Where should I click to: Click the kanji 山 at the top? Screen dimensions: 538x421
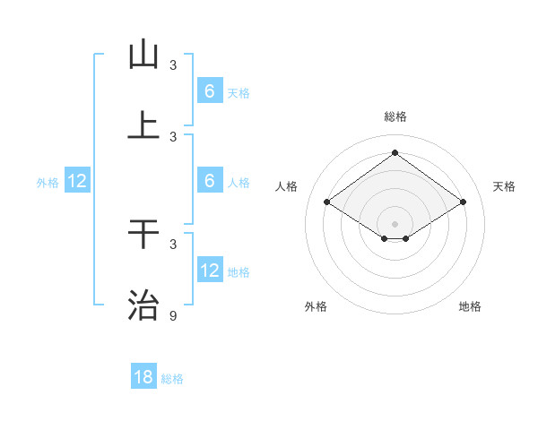pyautogui.click(x=143, y=55)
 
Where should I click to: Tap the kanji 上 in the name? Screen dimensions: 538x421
pyautogui.click(x=143, y=126)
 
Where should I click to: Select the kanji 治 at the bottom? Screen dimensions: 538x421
pyautogui.click(x=143, y=305)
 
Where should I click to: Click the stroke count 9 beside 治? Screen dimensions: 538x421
pyautogui.click(x=173, y=315)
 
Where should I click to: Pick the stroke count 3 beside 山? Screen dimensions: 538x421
pyautogui.click(x=173, y=64)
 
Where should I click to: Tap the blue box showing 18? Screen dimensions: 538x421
pyautogui.click(x=143, y=377)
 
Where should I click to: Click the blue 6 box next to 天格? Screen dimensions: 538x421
pyautogui.click(x=209, y=91)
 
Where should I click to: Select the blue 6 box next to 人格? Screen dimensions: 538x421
pyautogui.click(x=209, y=181)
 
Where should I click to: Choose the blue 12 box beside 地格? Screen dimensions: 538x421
pyautogui.click(x=209, y=271)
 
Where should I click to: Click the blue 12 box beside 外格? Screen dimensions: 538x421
pyautogui.click(x=77, y=181)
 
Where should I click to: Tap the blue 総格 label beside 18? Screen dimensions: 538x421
pyautogui.click(x=172, y=379)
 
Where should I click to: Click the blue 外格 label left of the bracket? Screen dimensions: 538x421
pyautogui.click(x=48, y=182)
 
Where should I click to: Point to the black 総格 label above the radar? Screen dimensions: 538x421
pyautogui.click(x=395, y=116)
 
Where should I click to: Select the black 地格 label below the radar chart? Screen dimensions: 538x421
pyautogui.click(x=470, y=306)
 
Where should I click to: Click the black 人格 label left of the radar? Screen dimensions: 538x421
pyautogui.click(x=287, y=186)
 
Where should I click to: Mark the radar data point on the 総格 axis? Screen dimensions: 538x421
pyautogui.click(x=395, y=152)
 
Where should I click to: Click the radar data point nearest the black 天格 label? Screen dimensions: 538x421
pyautogui.click(x=463, y=202)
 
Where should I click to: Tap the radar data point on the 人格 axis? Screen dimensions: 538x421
pyautogui.click(x=326, y=202)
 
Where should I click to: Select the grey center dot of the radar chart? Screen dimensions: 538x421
pyautogui.click(x=395, y=223)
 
